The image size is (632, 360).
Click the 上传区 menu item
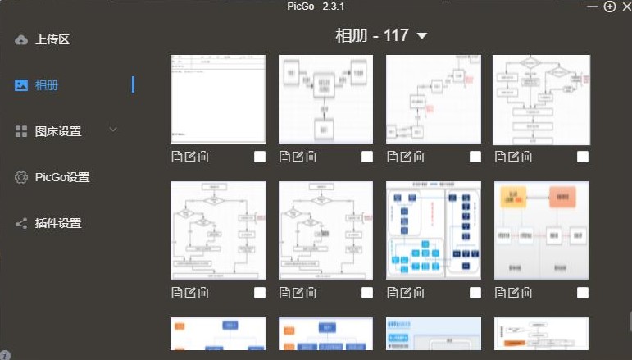click(x=52, y=39)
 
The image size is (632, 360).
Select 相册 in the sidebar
click(x=46, y=85)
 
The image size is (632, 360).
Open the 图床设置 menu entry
click(x=57, y=131)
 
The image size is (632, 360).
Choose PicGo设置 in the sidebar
click(x=61, y=177)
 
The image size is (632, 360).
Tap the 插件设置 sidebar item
click(x=57, y=223)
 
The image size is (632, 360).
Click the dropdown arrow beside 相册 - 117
click(x=422, y=36)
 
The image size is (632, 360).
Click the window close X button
click(x=625, y=7)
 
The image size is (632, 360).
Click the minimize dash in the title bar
click(x=592, y=7)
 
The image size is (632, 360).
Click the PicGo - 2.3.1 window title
click(x=316, y=7)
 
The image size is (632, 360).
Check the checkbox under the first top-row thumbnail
click(x=260, y=157)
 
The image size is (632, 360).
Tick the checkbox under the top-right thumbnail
click(x=583, y=157)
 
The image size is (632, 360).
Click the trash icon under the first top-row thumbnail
click(x=203, y=157)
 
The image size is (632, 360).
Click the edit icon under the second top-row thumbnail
click(x=298, y=157)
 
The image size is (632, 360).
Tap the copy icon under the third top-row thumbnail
click(x=393, y=157)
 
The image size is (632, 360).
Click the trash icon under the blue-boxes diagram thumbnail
click(x=419, y=293)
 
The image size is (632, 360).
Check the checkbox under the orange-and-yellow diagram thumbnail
click(x=583, y=293)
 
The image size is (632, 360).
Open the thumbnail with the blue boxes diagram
click(x=433, y=230)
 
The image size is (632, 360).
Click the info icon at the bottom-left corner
click(x=6, y=355)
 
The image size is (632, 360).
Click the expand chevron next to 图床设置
click(x=113, y=130)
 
